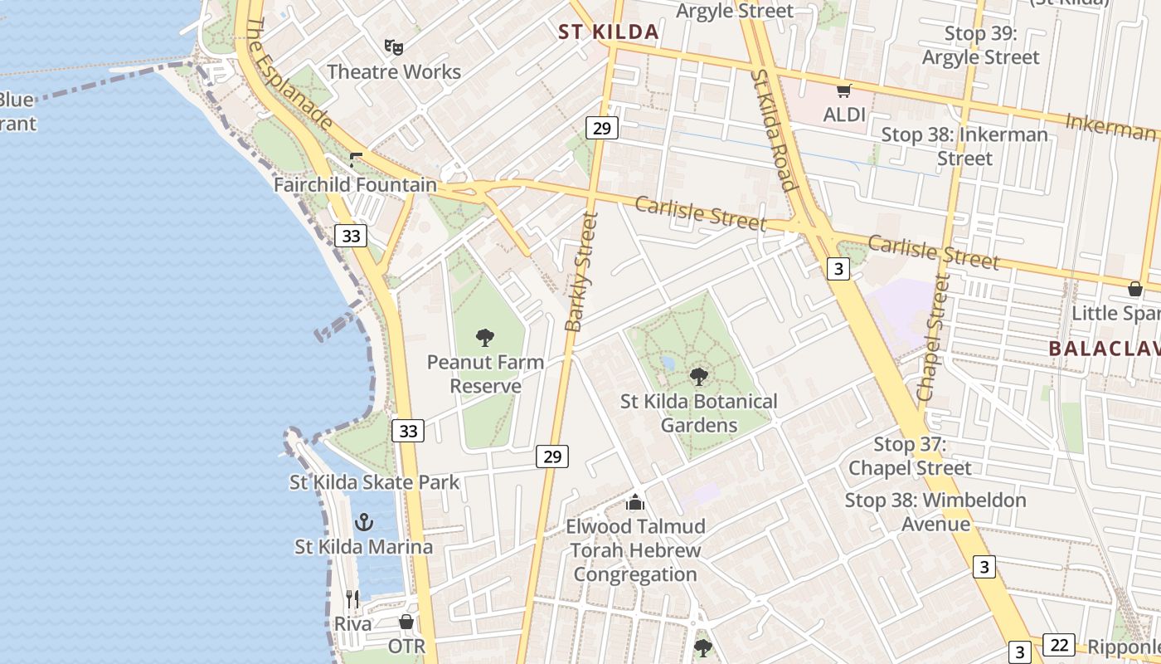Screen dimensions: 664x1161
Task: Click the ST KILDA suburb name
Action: (x=609, y=32)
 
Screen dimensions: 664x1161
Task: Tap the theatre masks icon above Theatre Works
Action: (x=394, y=47)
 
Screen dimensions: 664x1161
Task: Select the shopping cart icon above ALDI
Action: (x=844, y=90)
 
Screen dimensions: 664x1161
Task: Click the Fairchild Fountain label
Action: (x=355, y=184)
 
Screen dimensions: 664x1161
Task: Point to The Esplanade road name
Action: (x=290, y=75)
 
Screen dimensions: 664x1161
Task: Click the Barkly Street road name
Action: (x=580, y=271)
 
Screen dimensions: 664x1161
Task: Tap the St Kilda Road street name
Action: (x=775, y=129)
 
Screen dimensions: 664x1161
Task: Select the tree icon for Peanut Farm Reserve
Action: (x=485, y=337)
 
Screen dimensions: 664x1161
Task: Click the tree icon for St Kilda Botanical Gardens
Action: (x=699, y=376)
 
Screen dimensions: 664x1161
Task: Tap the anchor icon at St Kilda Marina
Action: (x=363, y=522)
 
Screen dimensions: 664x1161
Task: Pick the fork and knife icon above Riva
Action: (x=352, y=598)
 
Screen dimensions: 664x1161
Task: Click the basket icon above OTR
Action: (x=406, y=622)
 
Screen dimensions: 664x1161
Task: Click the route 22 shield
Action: (x=1058, y=645)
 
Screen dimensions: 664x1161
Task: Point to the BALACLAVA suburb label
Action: (x=1104, y=348)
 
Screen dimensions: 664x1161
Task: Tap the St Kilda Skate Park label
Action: (x=374, y=482)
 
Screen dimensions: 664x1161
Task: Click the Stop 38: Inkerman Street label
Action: (x=964, y=146)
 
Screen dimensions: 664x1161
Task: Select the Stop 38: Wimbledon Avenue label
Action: (x=935, y=512)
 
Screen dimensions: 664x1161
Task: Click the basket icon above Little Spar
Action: (x=1134, y=289)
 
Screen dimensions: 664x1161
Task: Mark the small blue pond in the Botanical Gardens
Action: (x=668, y=363)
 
